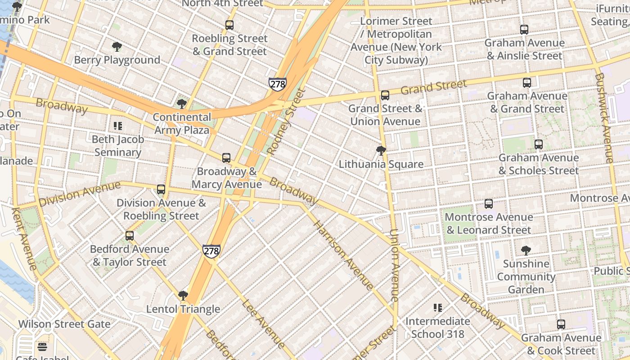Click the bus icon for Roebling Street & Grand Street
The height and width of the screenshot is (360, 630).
click(x=229, y=25)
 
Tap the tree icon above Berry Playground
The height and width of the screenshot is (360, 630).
click(x=117, y=47)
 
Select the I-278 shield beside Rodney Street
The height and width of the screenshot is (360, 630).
click(x=278, y=84)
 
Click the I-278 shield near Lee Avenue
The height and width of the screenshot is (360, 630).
click(x=211, y=251)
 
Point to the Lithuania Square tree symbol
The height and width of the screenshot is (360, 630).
click(x=381, y=151)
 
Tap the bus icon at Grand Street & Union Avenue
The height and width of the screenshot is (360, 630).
click(x=385, y=95)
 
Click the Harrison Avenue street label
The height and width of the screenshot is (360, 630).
click(x=343, y=255)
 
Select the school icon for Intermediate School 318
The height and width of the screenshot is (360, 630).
click(x=437, y=308)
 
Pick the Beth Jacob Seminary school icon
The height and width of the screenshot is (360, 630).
click(x=118, y=126)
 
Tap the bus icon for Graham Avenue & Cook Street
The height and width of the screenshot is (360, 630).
click(x=561, y=324)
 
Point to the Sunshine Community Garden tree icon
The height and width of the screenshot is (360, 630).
click(x=526, y=251)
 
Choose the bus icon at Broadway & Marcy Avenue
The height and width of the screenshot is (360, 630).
click(x=226, y=158)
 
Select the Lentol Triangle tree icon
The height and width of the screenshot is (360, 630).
click(x=183, y=296)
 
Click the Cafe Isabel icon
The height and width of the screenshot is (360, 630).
click(x=42, y=346)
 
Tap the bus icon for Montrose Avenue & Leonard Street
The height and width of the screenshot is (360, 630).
click(x=489, y=204)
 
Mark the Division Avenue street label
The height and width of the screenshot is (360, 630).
click(x=80, y=194)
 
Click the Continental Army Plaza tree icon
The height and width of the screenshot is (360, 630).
click(x=182, y=104)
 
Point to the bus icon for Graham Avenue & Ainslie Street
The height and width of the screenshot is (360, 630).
click(x=524, y=30)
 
